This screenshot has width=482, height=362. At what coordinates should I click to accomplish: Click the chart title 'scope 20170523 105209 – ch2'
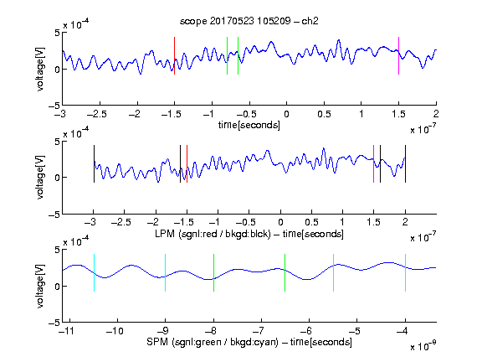pyautogui.click(x=249, y=21)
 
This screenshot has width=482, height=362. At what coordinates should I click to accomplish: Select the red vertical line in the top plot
pyautogui.click(x=175, y=55)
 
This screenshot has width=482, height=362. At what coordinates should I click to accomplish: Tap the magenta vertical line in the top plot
pyautogui.click(x=398, y=55)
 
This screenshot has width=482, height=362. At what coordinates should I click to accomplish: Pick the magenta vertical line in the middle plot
pyautogui.click(x=373, y=163)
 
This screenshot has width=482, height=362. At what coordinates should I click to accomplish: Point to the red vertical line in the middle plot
pyautogui.click(x=187, y=163)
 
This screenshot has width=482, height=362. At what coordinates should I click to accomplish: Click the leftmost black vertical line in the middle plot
pyautogui.click(x=94, y=163)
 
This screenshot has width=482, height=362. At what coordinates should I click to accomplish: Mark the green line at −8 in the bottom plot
pyautogui.click(x=213, y=272)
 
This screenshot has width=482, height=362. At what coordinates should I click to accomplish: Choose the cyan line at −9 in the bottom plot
pyautogui.click(x=166, y=272)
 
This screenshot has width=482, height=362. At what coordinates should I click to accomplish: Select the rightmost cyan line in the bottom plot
pyautogui.click(x=406, y=272)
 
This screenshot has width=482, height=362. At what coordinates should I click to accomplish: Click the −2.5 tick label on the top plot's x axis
pyautogui.click(x=96, y=114)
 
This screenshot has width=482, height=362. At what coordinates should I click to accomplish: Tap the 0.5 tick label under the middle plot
pyautogui.click(x=311, y=222)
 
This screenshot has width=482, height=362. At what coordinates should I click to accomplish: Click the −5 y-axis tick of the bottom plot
pyautogui.click(x=54, y=323)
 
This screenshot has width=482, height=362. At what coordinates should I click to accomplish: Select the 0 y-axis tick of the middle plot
pyautogui.click(x=57, y=178)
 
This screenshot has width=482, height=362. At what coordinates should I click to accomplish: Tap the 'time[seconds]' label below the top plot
pyautogui.click(x=249, y=125)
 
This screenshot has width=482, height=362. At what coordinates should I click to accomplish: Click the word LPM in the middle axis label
pyautogui.click(x=165, y=234)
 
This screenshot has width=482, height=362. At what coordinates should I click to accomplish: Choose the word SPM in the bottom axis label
pyautogui.click(x=157, y=342)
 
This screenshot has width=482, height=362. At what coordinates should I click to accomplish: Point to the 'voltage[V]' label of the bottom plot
pyautogui.click(x=40, y=287)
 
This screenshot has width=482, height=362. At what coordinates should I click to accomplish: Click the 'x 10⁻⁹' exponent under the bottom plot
pyautogui.click(x=423, y=345)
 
